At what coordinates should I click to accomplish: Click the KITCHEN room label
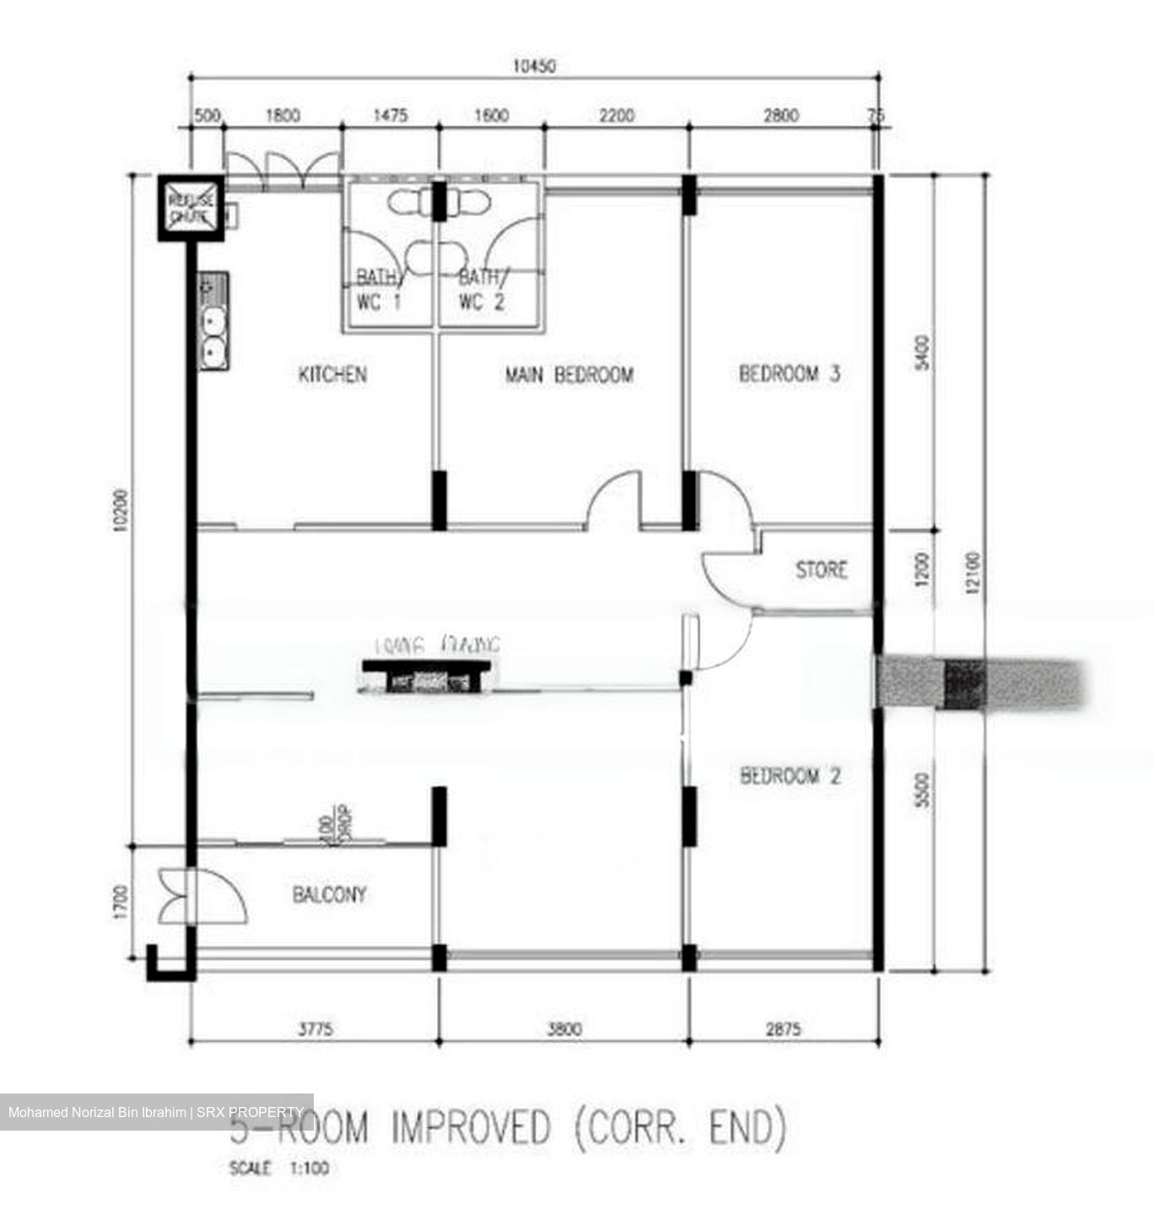tap(332, 374)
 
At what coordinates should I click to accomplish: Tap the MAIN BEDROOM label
tap(569, 375)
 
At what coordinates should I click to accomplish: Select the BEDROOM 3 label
tap(789, 373)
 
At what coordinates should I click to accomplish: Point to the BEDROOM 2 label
tap(790, 775)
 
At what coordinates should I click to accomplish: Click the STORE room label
tap(821, 570)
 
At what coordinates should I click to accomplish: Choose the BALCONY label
tap(329, 894)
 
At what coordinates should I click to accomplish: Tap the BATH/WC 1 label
tap(379, 289)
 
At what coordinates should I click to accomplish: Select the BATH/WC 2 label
tap(483, 289)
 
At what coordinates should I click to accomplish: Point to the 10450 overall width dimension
tap(534, 66)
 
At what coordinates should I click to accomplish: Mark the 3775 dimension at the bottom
tap(315, 1029)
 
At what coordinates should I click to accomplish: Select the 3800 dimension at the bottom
tap(564, 1029)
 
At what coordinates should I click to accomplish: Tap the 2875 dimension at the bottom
tap(783, 1029)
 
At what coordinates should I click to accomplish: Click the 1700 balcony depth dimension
tap(120, 901)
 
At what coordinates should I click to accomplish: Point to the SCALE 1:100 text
tap(278, 1169)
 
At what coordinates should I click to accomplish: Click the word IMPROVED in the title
tap(470, 1128)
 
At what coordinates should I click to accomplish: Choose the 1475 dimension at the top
tap(390, 115)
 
